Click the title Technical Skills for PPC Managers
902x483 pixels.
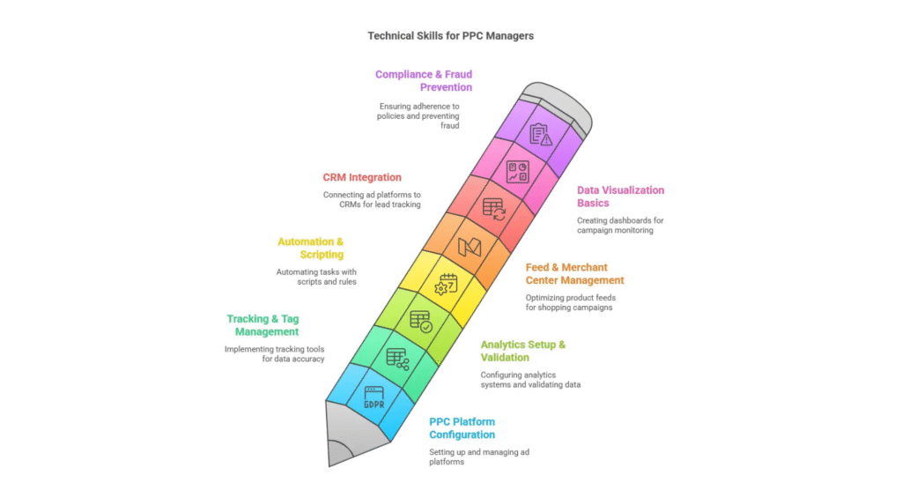(x=450, y=35)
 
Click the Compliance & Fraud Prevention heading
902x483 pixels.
(x=424, y=80)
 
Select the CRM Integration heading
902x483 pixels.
(x=362, y=177)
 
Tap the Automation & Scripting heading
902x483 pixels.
(x=311, y=249)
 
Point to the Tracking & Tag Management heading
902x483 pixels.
(x=262, y=325)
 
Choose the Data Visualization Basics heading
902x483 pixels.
(x=621, y=197)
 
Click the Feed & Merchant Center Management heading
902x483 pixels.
(x=574, y=273)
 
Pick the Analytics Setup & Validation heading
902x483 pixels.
(x=523, y=351)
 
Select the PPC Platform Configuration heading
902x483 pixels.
(x=462, y=427)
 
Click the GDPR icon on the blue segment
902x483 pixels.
(x=374, y=398)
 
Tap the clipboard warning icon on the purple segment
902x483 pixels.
(x=540, y=135)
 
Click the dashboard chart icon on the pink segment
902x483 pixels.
(x=517, y=172)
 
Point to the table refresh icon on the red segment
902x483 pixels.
(x=493, y=210)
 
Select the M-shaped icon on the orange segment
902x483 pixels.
(x=469, y=248)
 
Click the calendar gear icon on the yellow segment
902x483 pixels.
(x=446, y=285)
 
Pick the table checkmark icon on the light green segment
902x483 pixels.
(x=421, y=322)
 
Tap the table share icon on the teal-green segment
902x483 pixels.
(x=397, y=360)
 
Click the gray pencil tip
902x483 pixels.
(x=347, y=434)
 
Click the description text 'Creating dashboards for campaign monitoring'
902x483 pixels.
(x=620, y=225)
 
